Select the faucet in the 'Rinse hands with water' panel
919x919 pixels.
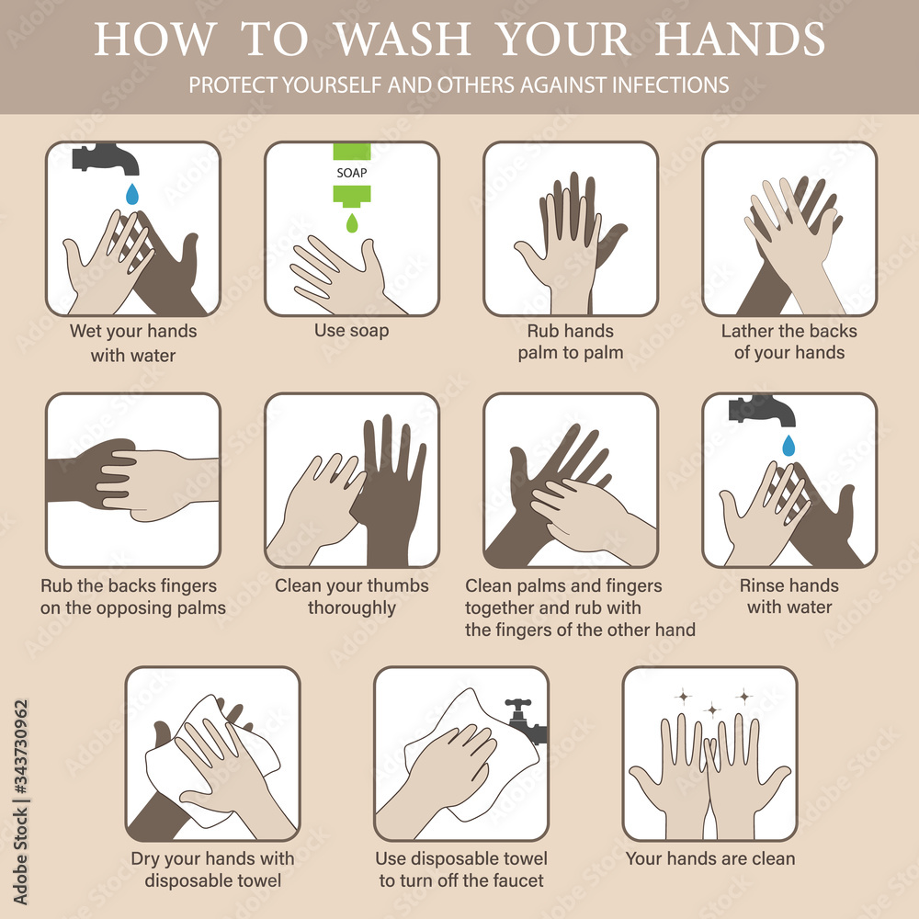[762, 410]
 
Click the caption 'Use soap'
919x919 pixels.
[351, 331]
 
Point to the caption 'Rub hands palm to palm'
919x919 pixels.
[570, 342]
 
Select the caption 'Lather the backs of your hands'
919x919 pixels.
[789, 342]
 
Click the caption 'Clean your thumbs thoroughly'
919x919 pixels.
[351, 596]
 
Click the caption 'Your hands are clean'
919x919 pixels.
[710, 859]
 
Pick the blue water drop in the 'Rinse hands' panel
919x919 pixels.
[789, 446]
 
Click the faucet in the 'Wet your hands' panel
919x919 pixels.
[108, 158]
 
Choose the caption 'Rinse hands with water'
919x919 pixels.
[789, 596]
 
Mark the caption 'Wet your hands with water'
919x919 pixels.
[133, 342]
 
